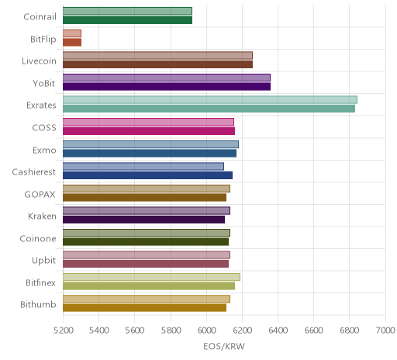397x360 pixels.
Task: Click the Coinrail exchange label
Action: coord(40,17)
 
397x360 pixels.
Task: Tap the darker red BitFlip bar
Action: coord(72,43)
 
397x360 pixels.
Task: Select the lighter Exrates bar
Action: coord(210,100)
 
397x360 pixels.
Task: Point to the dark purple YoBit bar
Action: coord(167,87)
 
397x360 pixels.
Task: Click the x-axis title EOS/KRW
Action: coord(224,346)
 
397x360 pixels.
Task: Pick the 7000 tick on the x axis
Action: coord(385,331)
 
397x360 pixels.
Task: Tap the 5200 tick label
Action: coord(63,331)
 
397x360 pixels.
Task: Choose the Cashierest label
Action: coord(34,172)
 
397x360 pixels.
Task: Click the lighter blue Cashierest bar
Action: coord(143,167)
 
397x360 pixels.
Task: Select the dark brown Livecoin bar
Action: coord(157,64)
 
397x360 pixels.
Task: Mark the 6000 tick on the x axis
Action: coord(206,331)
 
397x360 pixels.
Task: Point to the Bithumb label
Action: coord(38,304)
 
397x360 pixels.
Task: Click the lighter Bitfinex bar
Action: coord(151,277)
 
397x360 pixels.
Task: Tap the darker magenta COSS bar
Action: coord(149,131)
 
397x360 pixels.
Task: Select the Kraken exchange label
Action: coord(42,216)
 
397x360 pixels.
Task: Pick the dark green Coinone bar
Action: coord(146,242)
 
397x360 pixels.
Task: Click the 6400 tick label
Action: coord(278,331)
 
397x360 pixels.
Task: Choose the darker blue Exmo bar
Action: coord(150,154)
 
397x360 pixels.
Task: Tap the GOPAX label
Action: coord(40,194)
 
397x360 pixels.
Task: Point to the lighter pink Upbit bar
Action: coord(147,255)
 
